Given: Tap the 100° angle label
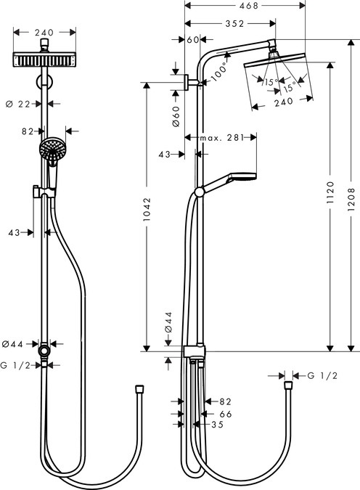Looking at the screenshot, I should click(221, 73).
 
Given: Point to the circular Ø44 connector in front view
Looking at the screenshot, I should click(46, 351).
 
